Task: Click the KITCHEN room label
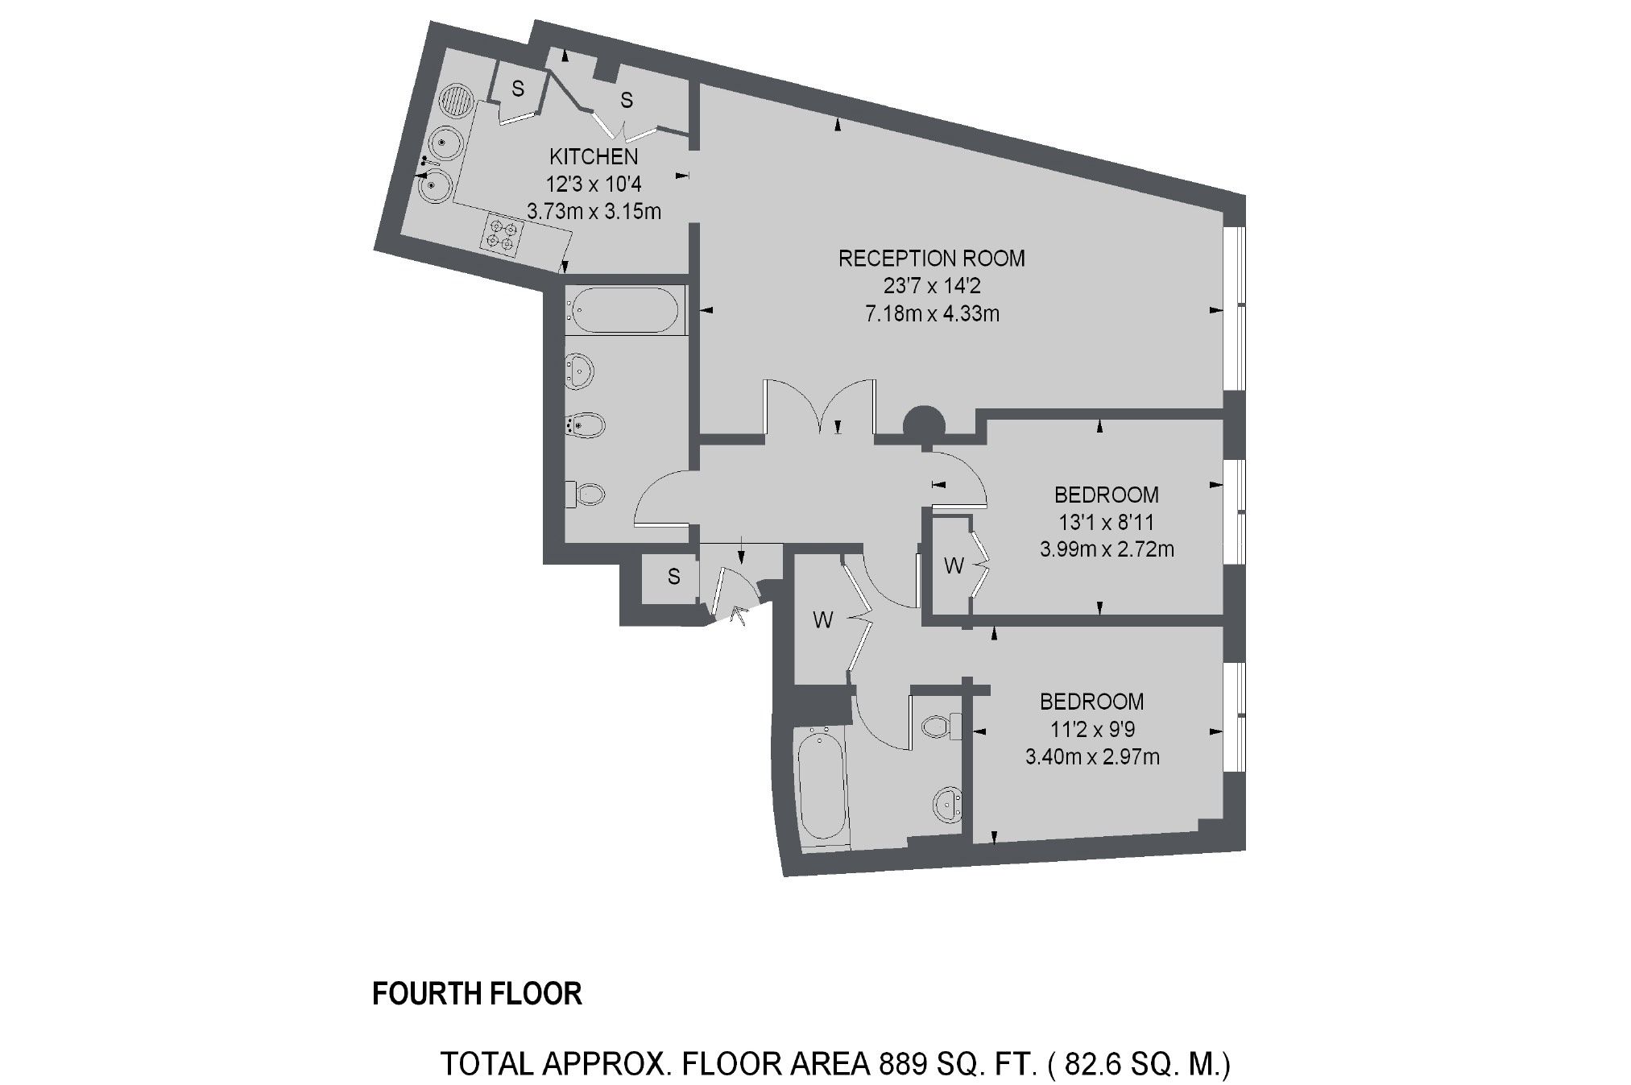[x=594, y=156]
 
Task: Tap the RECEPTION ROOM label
[x=932, y=259]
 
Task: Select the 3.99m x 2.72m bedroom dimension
[x=1107, y=550]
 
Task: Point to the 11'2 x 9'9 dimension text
[x=1092, y=730]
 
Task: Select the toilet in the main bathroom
[x=587, y=493]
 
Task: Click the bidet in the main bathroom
[x=586, y=424]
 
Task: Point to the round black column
[x=924, y=423]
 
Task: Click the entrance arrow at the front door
[x=739, y=616]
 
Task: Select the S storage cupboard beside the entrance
[x=673, y=577]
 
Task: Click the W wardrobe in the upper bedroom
[x=953, y=566]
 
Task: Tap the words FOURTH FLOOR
[x=477, y=994]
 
